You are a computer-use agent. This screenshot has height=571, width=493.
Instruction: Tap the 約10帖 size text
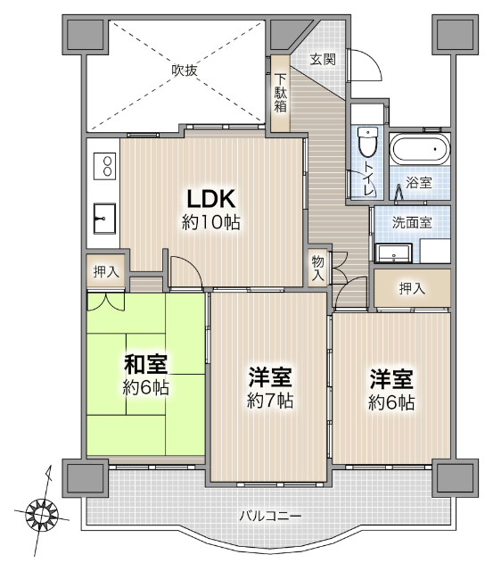tap(211, 222)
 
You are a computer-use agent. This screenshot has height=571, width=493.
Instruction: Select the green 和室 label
tap(146, 365)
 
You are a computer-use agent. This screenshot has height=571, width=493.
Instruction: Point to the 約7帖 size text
tap(270, 401)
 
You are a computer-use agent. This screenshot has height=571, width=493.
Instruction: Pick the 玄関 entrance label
tap(323, 60)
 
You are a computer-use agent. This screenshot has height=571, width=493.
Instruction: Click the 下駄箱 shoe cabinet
tap(281, 93)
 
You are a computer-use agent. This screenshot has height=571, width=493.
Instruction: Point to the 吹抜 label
tap(184, 70)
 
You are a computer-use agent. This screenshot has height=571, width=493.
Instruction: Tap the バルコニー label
tap(270, 516)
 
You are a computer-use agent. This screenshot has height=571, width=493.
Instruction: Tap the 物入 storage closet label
tap(318, 269)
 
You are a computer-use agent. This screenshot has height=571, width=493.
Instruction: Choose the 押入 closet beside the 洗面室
tap(412, 289)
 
